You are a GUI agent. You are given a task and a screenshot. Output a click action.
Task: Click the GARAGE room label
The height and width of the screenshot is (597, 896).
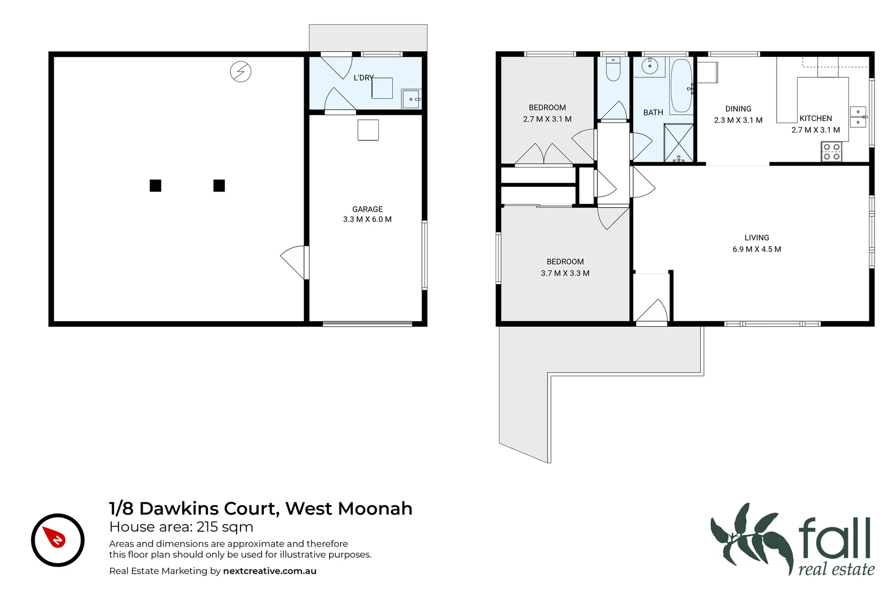tap(367, 209)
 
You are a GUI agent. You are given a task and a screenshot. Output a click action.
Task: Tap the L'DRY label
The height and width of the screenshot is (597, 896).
tap(363, 78)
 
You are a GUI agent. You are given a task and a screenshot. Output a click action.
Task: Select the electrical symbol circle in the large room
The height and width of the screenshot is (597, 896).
tap(241, 71)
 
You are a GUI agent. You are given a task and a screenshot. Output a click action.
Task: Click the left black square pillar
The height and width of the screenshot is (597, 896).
tap(155, 186)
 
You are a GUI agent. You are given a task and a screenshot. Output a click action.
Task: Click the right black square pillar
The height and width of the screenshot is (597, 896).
tap(219, 186)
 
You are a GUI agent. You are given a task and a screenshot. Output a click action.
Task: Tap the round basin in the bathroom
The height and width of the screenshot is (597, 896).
tap(649, 67)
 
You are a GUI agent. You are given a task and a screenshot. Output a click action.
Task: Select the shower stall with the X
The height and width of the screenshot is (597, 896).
tap(678, 143)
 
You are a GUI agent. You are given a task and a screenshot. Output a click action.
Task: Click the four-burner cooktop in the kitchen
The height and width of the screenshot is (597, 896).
tap(831, 152)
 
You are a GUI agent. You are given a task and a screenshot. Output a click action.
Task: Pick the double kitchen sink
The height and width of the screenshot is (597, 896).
tap(857, 117)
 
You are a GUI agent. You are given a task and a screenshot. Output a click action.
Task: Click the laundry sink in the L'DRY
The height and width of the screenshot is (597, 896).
tap(411, 99)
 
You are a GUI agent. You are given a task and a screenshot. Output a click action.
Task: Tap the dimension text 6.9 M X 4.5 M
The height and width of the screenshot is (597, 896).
tap(757, 249)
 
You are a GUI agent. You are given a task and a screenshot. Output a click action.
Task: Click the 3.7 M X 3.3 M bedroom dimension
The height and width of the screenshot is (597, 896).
tap(565, 273)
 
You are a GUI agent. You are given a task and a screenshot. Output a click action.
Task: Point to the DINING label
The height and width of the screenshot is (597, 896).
tap(738, 109)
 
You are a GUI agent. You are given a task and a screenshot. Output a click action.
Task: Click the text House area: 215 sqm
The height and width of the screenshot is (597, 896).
tap(181, 527)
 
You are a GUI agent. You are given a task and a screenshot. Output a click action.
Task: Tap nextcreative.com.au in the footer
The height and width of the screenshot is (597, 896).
tap(269, 571)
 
